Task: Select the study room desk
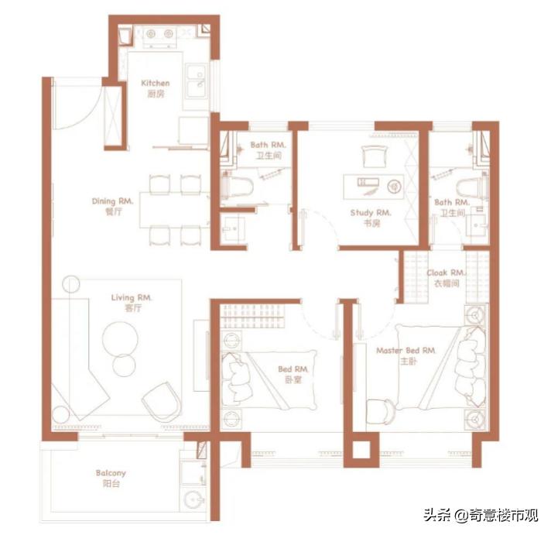374,185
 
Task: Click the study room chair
372,157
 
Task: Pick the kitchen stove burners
158,34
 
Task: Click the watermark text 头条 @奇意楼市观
480,515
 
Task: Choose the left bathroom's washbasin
231,228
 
